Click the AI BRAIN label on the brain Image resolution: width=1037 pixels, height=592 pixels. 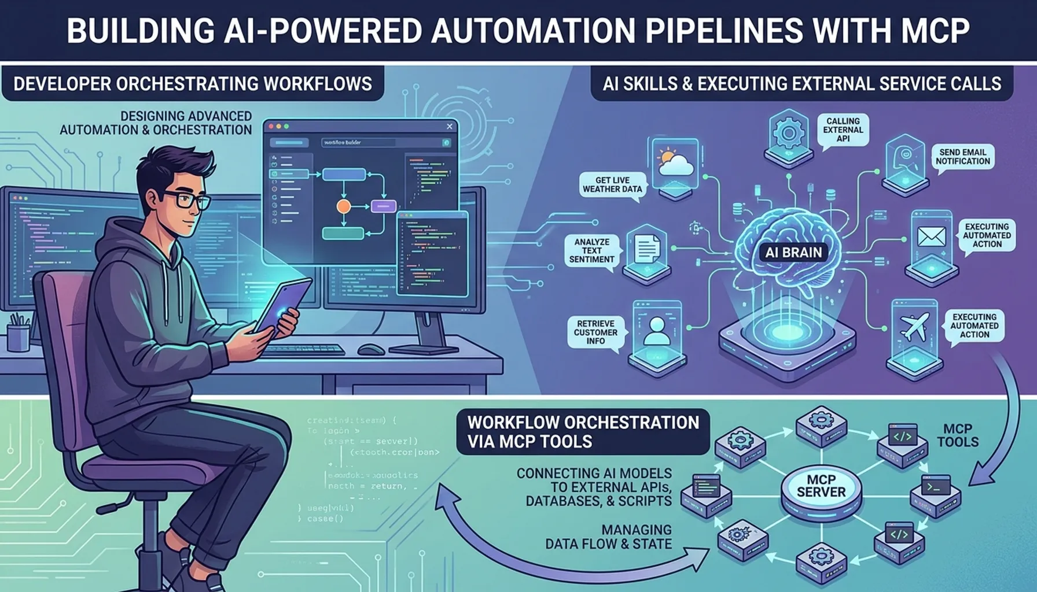793,252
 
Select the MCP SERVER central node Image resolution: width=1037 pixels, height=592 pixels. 821,486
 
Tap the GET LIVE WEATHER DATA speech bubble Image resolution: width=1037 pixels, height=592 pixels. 612,184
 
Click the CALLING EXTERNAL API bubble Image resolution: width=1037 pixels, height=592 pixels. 843,129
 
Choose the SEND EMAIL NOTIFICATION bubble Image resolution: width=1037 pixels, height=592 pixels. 963,156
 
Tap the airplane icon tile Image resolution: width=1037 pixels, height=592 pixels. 914,327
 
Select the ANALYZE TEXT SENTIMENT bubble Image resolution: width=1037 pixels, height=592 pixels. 591,250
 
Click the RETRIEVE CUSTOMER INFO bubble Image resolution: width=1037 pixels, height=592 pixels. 595,332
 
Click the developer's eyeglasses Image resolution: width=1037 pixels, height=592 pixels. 186,199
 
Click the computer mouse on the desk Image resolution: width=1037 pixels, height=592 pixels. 371,349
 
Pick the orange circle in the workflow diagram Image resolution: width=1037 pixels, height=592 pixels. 344,206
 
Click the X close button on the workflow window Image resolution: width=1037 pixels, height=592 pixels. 450,126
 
